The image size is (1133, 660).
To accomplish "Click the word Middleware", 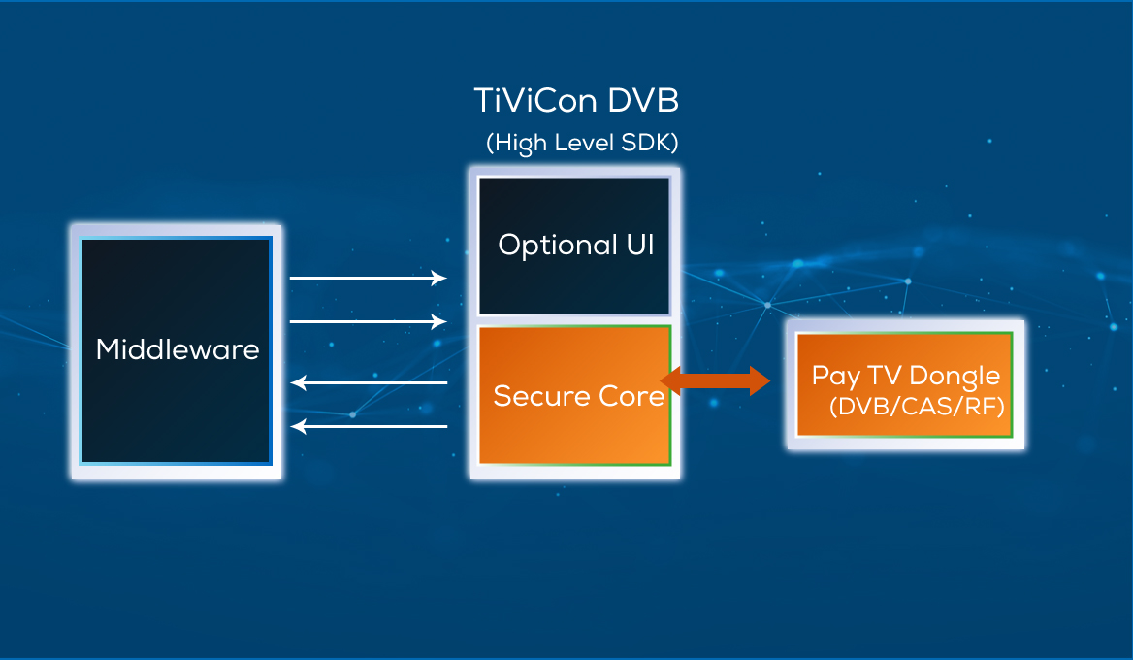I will point(178,349).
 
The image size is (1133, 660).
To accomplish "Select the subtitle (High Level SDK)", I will point(582,143).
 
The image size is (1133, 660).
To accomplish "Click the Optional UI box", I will point(575,246).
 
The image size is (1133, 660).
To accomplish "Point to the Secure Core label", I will point(578,396).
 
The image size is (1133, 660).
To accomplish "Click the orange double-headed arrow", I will point(715,380).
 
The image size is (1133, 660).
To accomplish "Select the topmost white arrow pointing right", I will point(369,279).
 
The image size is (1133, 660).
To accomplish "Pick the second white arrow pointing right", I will point(369,321).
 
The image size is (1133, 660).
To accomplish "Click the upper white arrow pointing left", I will point(369,383).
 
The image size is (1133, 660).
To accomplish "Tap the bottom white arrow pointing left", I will point(369,426).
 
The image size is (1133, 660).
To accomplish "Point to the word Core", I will point(634,396).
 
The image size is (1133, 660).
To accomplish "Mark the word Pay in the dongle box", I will point(829,377).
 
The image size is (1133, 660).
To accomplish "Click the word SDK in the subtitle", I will point(649,143).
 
